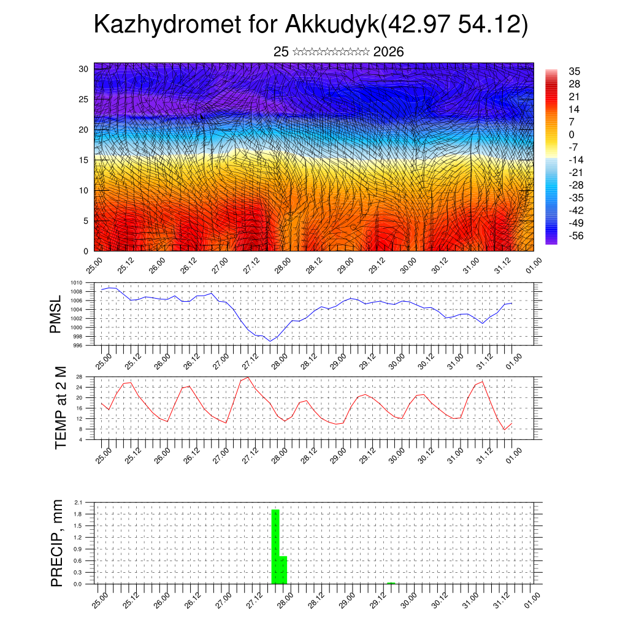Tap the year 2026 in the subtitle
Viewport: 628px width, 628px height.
(x=388, y=52)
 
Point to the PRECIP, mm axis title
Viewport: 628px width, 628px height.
(x=56, y=543)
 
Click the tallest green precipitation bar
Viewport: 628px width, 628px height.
(x=275, y=546)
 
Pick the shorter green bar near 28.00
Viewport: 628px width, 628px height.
(x=283, y=570)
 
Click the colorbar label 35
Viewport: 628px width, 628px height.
(x=574, y=72)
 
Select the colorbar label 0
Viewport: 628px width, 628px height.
(x=572, y=134)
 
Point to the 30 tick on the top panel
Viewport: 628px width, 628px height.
(x=84, y=69)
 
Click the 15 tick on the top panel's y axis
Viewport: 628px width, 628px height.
(x=84, y=160)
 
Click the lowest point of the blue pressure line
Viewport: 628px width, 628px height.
(x=270, y=341)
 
